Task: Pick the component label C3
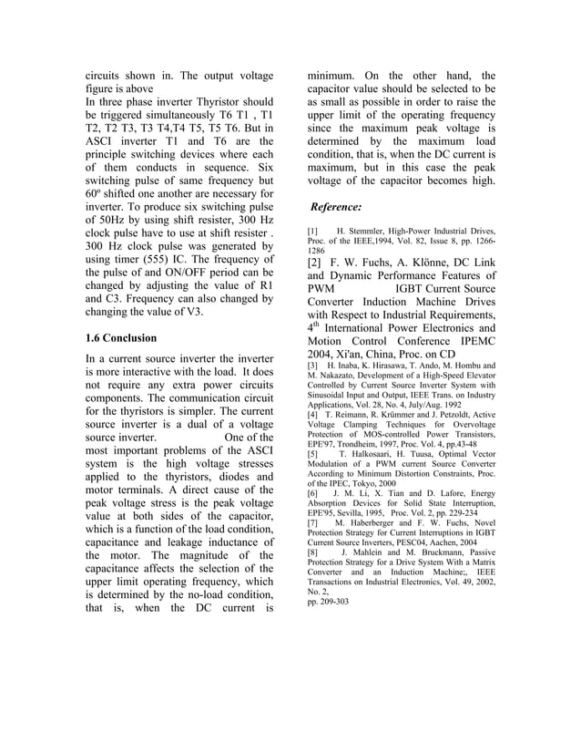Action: tap(97, 296)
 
